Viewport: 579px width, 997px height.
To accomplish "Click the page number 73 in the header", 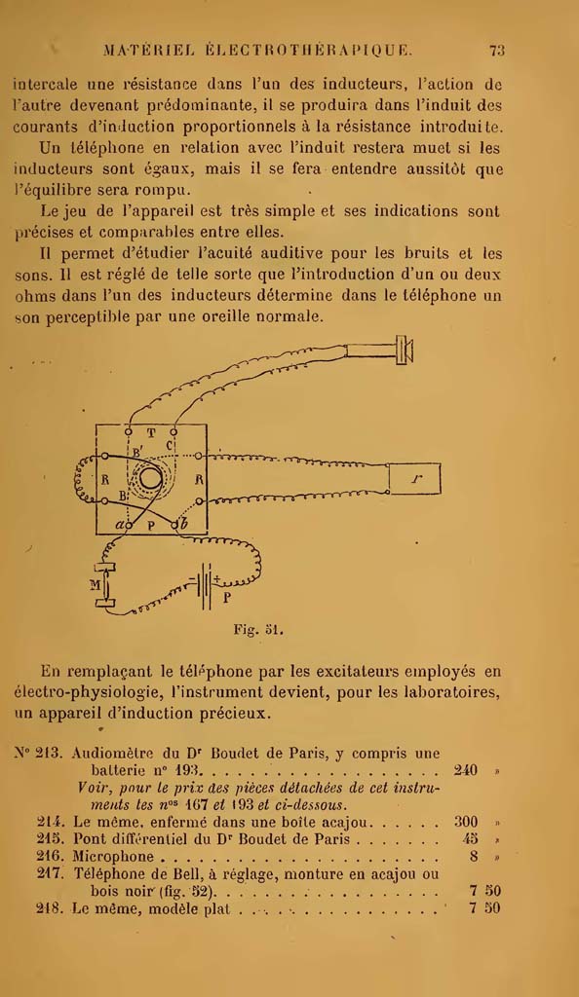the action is (497, 51).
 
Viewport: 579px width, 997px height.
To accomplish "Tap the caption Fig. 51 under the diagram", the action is (257, 631).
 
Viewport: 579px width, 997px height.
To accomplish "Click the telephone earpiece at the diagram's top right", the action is (405, 350).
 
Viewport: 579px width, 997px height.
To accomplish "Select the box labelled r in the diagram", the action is (414, 479).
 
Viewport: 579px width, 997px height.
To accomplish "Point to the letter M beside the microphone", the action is (96, 585).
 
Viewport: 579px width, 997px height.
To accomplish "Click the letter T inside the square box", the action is (151, 433).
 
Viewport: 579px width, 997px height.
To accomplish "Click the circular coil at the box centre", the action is (151, 479).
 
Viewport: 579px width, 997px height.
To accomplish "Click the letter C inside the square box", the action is (170, 446).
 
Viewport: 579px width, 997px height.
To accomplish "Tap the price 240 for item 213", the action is (466, 771).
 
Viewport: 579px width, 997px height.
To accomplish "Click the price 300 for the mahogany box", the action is (466, 822).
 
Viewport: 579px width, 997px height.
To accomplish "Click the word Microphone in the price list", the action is (114, 857).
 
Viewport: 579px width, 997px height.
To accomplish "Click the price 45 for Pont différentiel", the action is (470, 839).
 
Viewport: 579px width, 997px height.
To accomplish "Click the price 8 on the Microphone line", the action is (474, 857).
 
